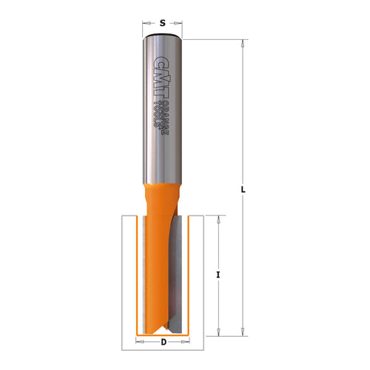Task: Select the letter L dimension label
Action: [243, 191]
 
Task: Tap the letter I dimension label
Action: [218, 275]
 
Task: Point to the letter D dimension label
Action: [162, 342]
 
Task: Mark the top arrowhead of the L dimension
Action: [243, 42]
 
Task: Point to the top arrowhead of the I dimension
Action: [218, 218]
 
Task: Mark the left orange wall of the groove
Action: [132, 274]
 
